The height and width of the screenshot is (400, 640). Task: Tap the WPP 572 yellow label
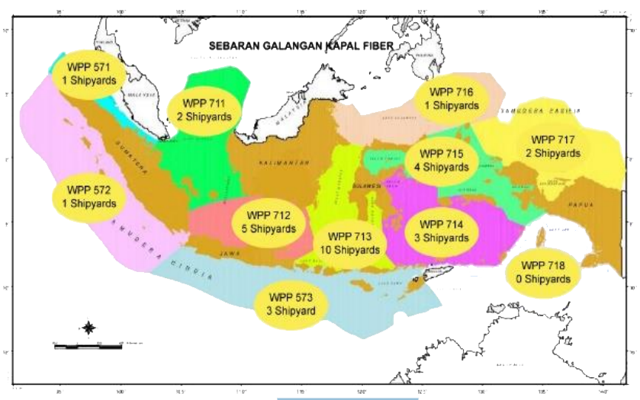click(x=84, y=197)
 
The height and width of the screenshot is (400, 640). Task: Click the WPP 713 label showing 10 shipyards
click(x=352, y=242)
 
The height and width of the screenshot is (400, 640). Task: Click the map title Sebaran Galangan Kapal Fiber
click(x=301, y=46)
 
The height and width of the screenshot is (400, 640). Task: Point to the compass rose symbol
click(x=88, y=328)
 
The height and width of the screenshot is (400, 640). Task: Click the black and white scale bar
click(x=88, y=346)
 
